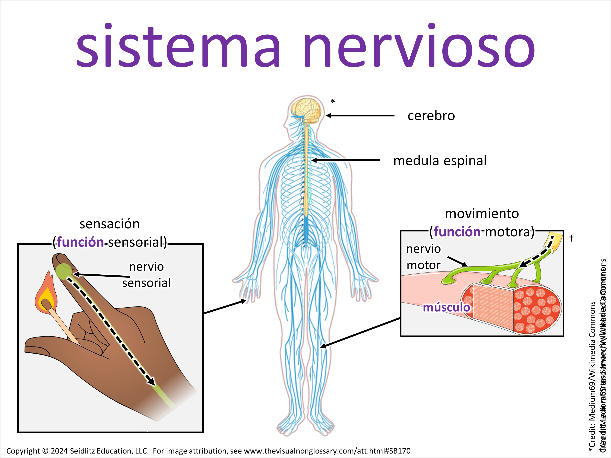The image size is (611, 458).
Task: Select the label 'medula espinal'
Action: coord(440,161)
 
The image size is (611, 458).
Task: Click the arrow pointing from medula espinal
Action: coord(345,160)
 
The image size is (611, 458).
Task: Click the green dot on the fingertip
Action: coord(64,271)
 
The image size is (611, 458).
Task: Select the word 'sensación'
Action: coord(110,224)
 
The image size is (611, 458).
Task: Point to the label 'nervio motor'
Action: coord(423,257)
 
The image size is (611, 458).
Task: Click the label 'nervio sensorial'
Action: coord(146,275)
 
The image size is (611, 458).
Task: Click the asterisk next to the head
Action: coord(333,102)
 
